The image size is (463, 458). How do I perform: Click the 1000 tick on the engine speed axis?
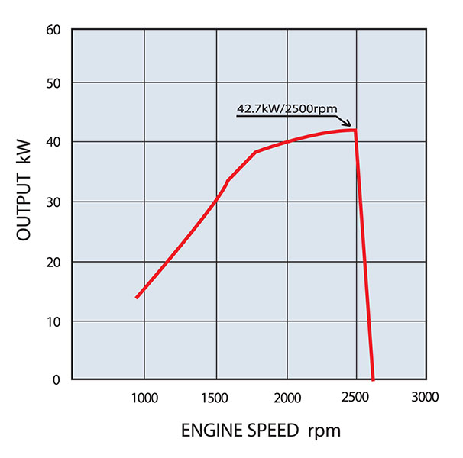point(144,398)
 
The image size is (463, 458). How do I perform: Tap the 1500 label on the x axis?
point(215,398)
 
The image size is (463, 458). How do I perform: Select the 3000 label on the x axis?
point(424,398)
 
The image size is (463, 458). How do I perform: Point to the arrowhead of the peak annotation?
point(348,124)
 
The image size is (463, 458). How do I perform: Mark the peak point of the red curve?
point(355,130)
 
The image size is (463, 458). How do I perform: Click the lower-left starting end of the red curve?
point(137,297)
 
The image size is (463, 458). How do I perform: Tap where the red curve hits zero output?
point(373,379)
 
